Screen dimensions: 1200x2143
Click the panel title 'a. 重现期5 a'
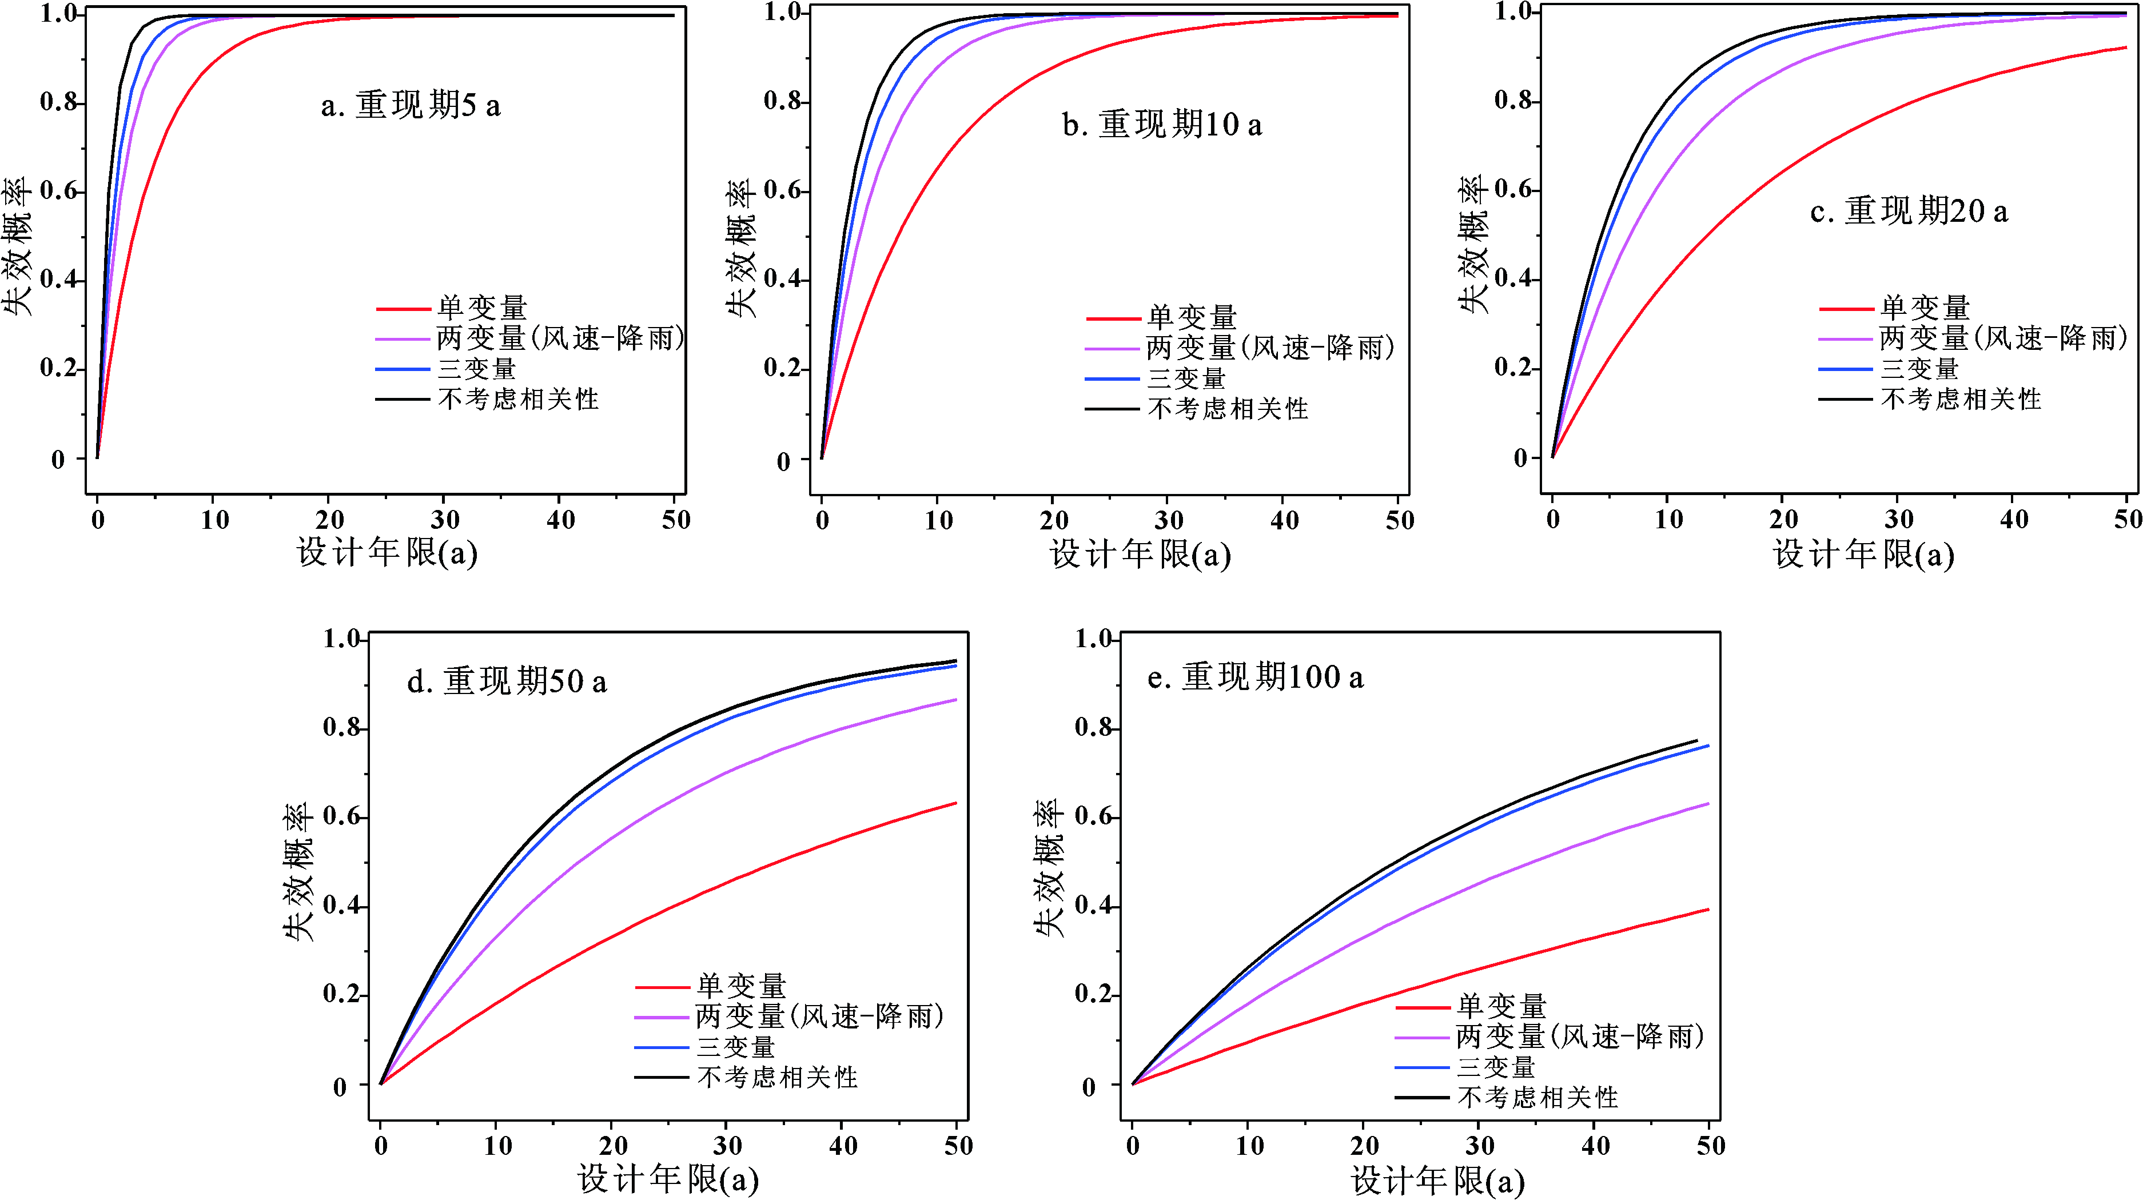[411, 106]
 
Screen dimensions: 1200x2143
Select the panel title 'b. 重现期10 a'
[1162, 125]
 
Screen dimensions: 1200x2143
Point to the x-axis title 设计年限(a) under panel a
[387, 552]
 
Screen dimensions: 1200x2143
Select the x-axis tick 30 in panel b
[1168, 521]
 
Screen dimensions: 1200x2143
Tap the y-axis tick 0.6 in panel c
[1512, 190]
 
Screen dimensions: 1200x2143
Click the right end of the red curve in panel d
[956, 803]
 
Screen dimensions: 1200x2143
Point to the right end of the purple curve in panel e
[1708, 804]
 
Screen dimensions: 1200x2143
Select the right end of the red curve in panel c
[2125, 48]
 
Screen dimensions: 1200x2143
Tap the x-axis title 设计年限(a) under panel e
[1437, 1180]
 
